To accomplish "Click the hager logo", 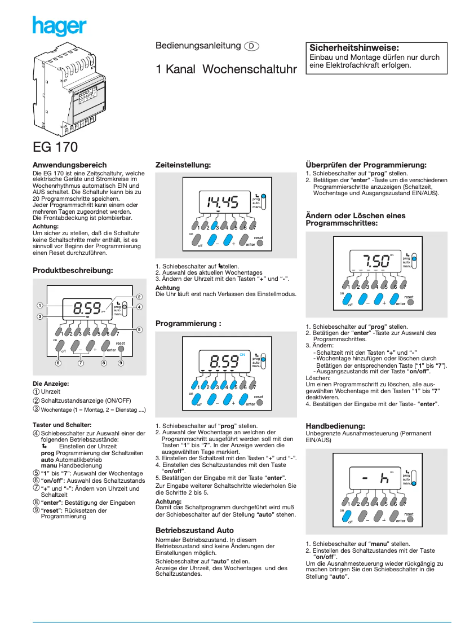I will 59,27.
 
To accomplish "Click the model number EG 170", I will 55,148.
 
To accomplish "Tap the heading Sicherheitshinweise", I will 354,48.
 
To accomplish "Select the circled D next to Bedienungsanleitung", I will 252,46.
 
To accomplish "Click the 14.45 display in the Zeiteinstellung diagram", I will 223,201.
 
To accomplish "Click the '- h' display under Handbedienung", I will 376,478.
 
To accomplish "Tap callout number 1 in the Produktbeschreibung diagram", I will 39,306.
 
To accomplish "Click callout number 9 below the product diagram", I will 121,363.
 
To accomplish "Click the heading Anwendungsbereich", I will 69,165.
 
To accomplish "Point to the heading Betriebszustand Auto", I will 194,531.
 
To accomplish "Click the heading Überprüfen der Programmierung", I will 366,165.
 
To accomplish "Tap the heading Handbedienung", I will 335,425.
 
